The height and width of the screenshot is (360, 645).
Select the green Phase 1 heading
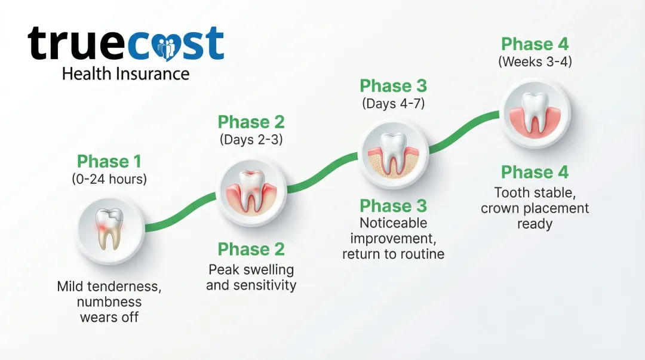[110, 162]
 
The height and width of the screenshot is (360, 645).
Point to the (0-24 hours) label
[110, 179]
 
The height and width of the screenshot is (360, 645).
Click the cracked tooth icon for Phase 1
[110, 229]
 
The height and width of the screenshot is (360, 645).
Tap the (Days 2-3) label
[251, 140]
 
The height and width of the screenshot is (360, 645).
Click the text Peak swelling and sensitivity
[251, 277]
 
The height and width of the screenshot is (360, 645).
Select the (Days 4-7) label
[393, 103]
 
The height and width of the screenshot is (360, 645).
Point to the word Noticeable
[393, 223]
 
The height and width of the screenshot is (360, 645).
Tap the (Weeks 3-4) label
[535, 61]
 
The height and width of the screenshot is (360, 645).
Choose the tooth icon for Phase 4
[535, 113]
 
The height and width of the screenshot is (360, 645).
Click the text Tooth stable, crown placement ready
[535, 208]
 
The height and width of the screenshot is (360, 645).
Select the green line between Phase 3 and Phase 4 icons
[465, 133]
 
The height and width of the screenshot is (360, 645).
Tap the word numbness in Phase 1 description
[109, 301]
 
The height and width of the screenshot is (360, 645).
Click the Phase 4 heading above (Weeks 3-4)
[535, 44]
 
